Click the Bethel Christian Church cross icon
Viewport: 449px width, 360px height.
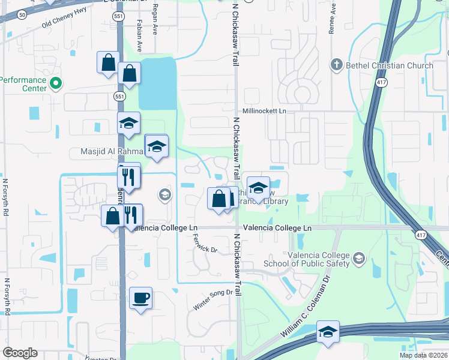[x=337, y=65]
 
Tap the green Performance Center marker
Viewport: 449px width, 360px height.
[x=56, y=83]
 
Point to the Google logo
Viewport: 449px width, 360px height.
[x=20, y=353]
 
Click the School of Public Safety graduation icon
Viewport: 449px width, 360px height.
[x=360, y=259]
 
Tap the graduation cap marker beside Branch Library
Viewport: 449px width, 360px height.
[x=258, y=188]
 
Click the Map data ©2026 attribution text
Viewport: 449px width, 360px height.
[x=423, y=355]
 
